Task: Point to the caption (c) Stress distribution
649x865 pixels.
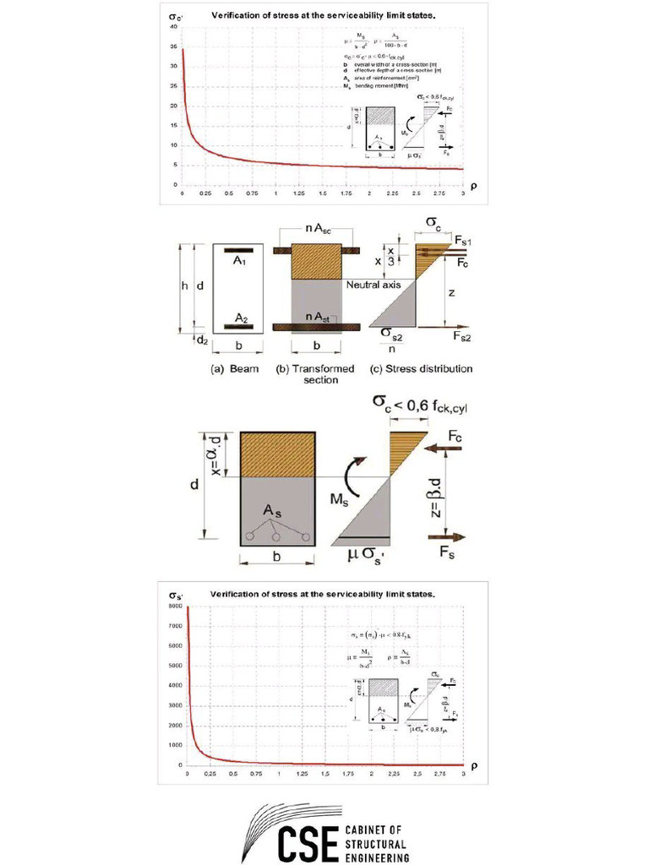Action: [422, 368]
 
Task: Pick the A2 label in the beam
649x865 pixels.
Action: [241, 318]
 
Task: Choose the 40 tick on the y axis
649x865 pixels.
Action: [175, 28]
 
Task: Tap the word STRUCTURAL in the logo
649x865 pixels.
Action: [375, 843]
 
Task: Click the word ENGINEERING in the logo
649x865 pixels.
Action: [378, 857]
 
